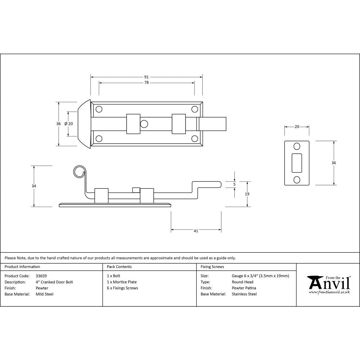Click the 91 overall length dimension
pos(147,77)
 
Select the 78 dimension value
pos(147,83)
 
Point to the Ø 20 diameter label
pos(68,123)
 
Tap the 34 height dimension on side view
pos(34,186)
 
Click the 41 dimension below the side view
pos(196,231)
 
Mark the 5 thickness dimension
pos(234,184)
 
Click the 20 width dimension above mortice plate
pos(297,127)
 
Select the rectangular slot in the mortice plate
pos(297,163)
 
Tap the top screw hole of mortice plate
pos(297,146)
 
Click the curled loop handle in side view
pos(79,172)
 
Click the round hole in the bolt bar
pos(144,124)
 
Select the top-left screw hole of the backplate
pos(99,109)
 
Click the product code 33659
pos(41,276)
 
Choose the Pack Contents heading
pos(119,267)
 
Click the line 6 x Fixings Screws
pos(122,288)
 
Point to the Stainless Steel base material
pos(244,294)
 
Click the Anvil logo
pos(328,284)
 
